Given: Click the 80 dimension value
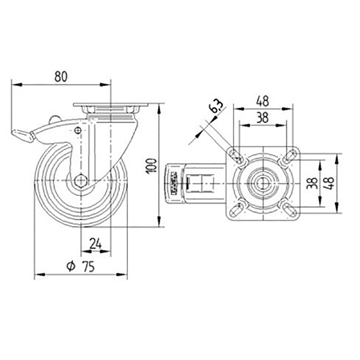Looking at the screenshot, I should [61, 76].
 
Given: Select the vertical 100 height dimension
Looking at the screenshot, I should [151, 165].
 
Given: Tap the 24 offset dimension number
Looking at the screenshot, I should [95, 243].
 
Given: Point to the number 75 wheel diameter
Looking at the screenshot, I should [88, 267].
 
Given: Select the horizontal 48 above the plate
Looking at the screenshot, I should [262, 101].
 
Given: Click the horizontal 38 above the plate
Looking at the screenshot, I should [262, 117].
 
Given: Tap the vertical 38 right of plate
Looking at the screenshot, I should [314, 183].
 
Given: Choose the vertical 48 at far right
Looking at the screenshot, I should [330, 183].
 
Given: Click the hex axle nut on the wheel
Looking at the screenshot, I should [80, 180].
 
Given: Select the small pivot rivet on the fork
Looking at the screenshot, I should [78, 130].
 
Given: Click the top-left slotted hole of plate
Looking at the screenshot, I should [236, 156].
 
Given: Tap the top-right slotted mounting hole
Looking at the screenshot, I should [289, 156].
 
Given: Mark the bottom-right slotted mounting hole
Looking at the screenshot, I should [289, 208].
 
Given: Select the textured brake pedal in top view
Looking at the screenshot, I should [174, 183].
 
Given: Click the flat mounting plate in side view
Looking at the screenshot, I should [110, 106].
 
